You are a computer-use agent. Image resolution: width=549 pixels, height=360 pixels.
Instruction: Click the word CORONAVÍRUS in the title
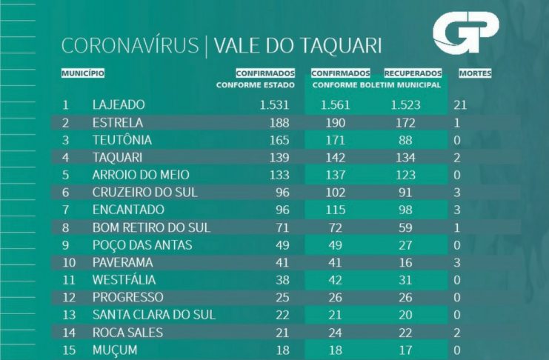tap(130, 46)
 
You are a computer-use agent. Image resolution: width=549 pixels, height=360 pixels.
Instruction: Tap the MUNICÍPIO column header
tap(82, 73)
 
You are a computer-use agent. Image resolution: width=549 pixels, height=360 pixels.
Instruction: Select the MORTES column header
tap(475, 73)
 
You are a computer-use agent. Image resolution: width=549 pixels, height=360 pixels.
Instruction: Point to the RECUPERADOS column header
tap(413, 73)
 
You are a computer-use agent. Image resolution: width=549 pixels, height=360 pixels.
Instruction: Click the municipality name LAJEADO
tap(119, 105)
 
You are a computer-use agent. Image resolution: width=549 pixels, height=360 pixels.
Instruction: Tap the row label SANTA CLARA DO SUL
tap(153, 315)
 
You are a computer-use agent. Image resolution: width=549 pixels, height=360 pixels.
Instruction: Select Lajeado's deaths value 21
tap(459, 105)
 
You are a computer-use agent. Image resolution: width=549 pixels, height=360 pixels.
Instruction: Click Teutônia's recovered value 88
tap(404, 140)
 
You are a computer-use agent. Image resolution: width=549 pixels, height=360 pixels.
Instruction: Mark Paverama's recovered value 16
tap(404, 262)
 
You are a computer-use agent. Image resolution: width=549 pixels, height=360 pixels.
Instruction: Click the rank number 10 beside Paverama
tap(67, 262)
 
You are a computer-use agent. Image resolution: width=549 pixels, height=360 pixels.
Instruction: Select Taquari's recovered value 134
tap(404, 158)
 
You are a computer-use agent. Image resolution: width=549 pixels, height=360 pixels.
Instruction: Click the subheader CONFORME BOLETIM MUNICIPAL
tap(377, 85)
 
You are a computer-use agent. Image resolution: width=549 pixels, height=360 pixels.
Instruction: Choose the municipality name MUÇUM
tap(114, 350)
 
